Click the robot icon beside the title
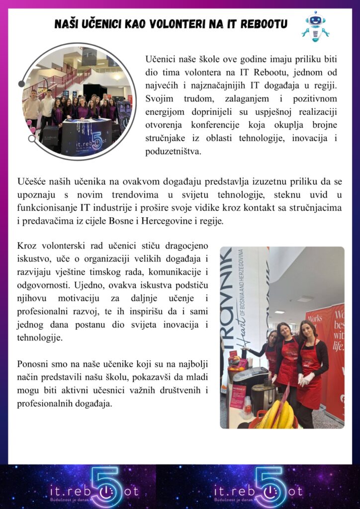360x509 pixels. [315, 26]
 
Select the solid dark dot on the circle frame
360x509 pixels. [21, 84]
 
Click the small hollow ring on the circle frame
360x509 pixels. [32, 139]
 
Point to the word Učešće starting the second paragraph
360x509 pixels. [31, 182]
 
